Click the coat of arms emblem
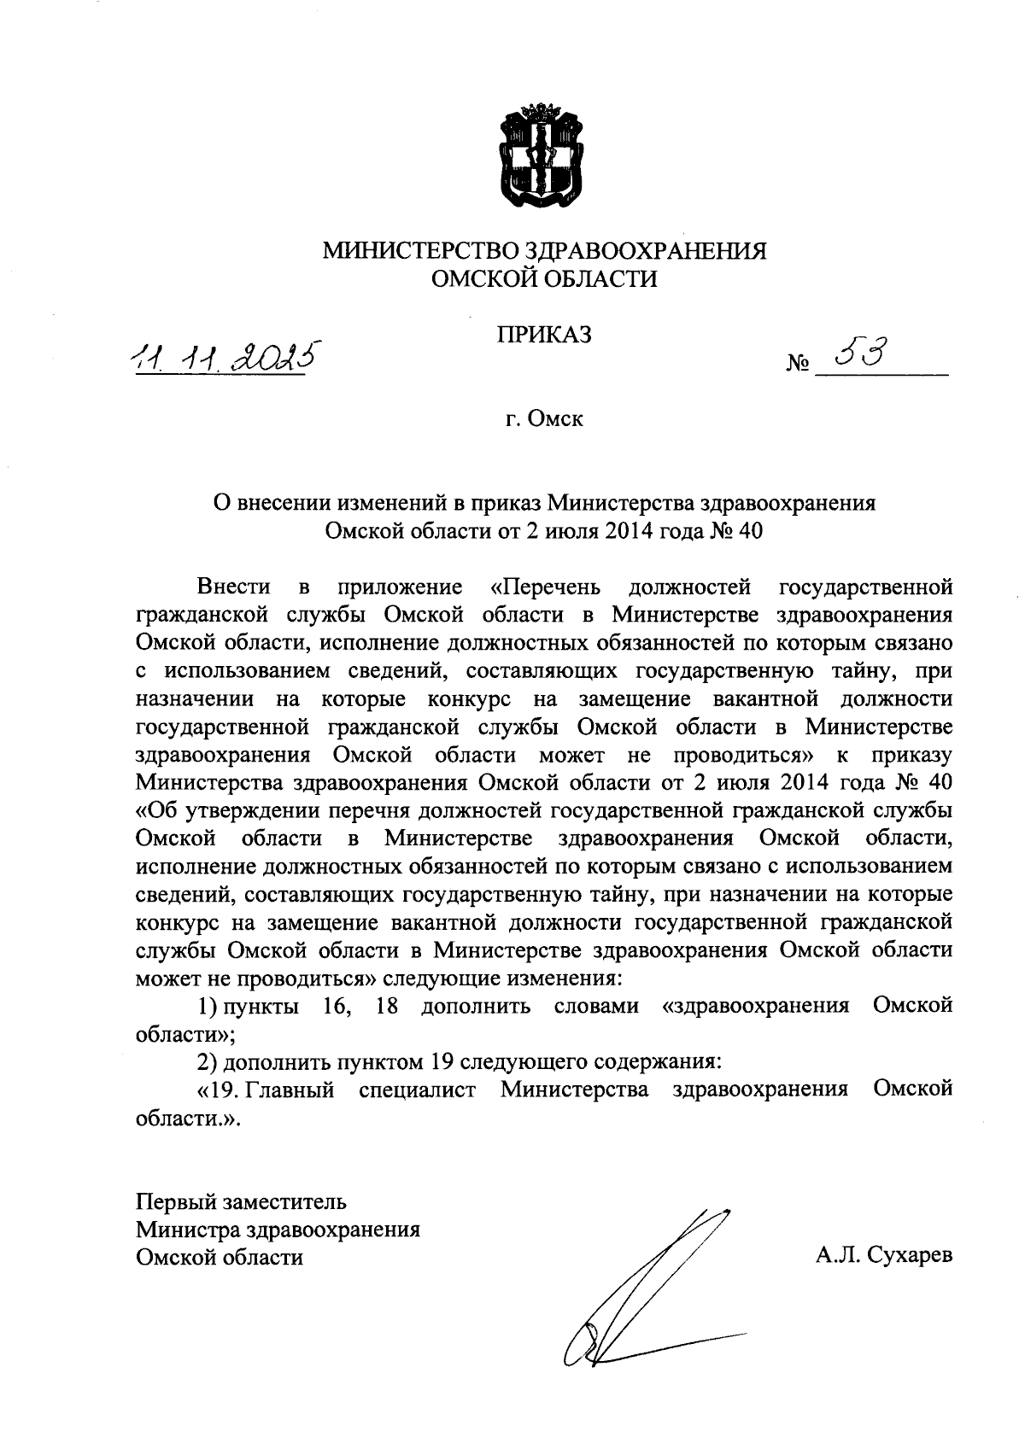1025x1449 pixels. [x=542, y=156]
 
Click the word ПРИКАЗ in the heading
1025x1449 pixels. [x=545, y=336]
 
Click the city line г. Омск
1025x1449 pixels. [x=543, y=419]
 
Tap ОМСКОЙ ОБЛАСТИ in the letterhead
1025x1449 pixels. [x=544, y=278]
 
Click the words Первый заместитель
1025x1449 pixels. [x=242, y=1202]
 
